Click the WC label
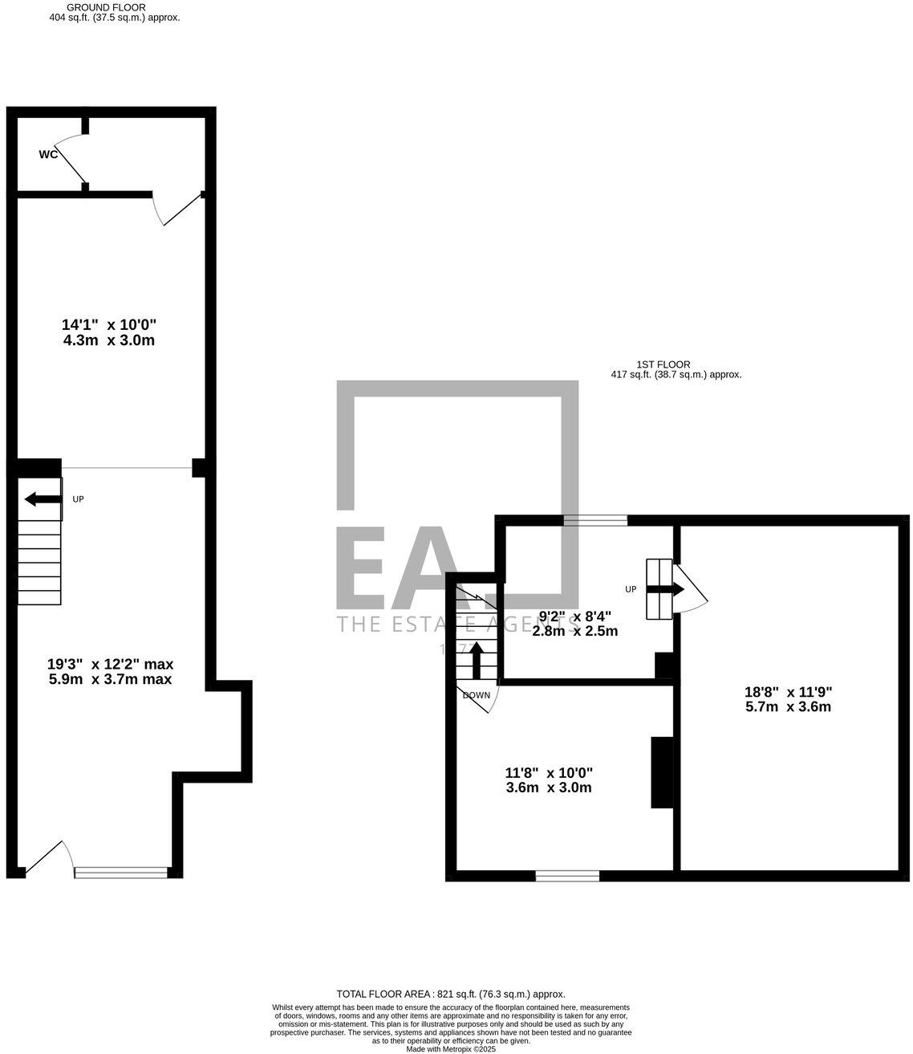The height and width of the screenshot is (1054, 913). (48, 154)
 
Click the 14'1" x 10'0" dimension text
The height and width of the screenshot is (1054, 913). (108, 332)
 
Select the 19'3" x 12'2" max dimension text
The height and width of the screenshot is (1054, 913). (110, 671)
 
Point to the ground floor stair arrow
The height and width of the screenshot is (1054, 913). (43, 499)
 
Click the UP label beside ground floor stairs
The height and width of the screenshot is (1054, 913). (78, 499)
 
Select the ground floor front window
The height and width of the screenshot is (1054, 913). (121, 872)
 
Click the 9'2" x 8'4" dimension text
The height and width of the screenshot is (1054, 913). (575, 623)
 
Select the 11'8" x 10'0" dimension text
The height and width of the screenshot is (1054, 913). (549, 779)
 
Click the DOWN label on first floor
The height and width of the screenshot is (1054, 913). (477, 695)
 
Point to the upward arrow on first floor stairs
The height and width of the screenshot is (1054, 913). (476, 659)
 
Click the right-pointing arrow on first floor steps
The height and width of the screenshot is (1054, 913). (665, 589)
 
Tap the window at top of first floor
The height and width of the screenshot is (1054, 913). (595, 520)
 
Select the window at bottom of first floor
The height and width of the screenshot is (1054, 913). (567, 876)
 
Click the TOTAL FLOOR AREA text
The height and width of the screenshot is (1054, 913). (450, 994)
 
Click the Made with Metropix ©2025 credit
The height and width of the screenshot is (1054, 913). (451, 1048)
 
